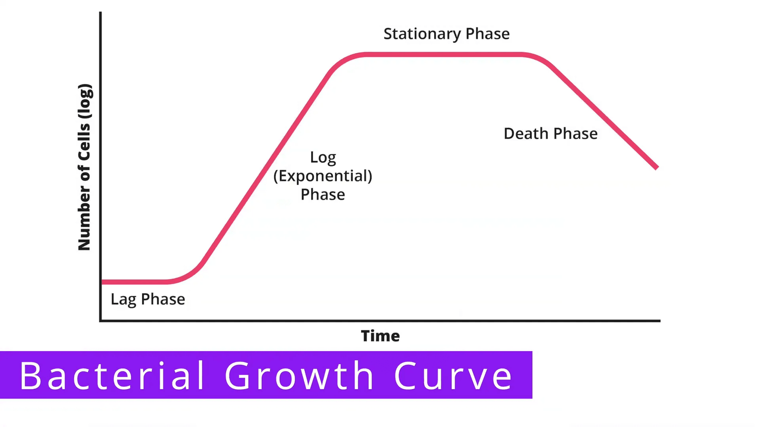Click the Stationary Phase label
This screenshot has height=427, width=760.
pyautogui.click(x=446, y=34)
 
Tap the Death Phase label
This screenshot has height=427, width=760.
pyautogui.click(x=551, y=133)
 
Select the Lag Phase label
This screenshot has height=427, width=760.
pyautogui.click(x=148, y=299)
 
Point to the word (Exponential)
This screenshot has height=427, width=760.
pyautogui.click(x=323, y=176)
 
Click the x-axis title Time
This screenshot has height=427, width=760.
pyautogui.click(x=380, y=336)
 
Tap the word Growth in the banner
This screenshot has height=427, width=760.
pyautogui.click(x=299, y=376)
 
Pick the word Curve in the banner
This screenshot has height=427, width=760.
pyautogui.click(x=453, y=376)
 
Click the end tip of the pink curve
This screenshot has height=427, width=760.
pyautogui.click(x=657, y=167)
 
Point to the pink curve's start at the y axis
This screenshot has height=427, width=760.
pyautogui.click(x=103, y=282)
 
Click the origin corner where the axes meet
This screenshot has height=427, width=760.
pyautogui.click(x=100, y=321)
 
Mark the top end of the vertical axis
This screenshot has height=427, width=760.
pyautogui.click(x=100, y=12)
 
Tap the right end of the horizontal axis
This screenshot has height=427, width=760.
pyautogui.click(x=660, y=321)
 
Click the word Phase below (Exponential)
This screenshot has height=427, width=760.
pyautogui.click(x=323, y=195)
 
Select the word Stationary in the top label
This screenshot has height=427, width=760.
pyautogui.click(x=422, y=34)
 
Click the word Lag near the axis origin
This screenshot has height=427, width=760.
pyautogui.click(x=123, y=299)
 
